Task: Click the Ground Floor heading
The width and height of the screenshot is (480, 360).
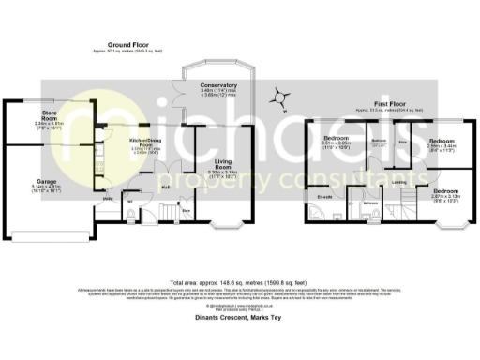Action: [x=130, y=45]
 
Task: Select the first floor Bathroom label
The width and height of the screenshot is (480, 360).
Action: [x=370, y=202]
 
